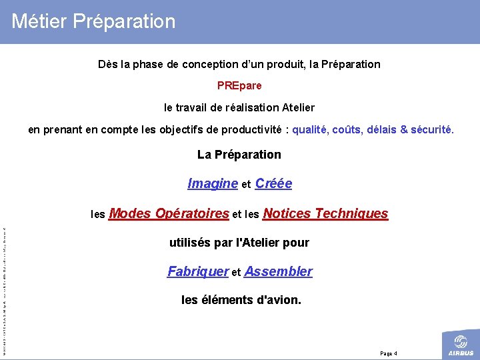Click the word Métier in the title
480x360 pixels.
39,21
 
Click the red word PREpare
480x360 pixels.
239,85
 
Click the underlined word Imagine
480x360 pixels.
213,183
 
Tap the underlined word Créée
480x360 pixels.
273,183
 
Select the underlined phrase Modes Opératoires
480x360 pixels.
169,213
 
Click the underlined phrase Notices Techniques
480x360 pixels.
325,213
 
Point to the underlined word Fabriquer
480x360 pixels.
198,271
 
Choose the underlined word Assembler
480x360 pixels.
278,271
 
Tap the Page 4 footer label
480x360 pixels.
388,353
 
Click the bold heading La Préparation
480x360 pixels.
239,155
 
